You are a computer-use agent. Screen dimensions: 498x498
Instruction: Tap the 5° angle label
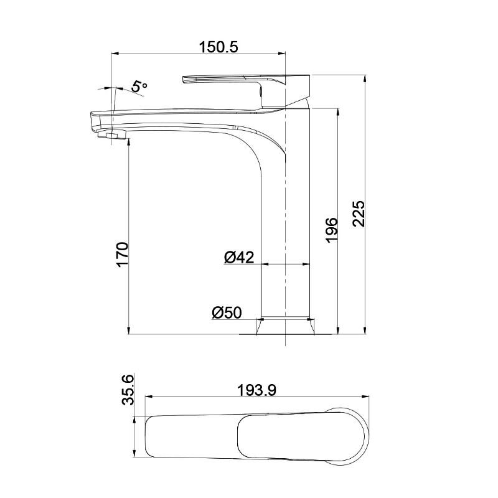pos(139,87)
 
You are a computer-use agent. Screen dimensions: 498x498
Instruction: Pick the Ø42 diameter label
pos(238,257)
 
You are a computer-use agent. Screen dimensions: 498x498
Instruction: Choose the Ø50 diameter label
pos(226,313)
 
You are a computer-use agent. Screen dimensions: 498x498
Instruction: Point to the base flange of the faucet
pos(285,327)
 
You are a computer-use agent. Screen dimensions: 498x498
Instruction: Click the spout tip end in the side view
pos(93,121)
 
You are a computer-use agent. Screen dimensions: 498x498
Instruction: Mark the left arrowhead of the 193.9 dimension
pos(148,397)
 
